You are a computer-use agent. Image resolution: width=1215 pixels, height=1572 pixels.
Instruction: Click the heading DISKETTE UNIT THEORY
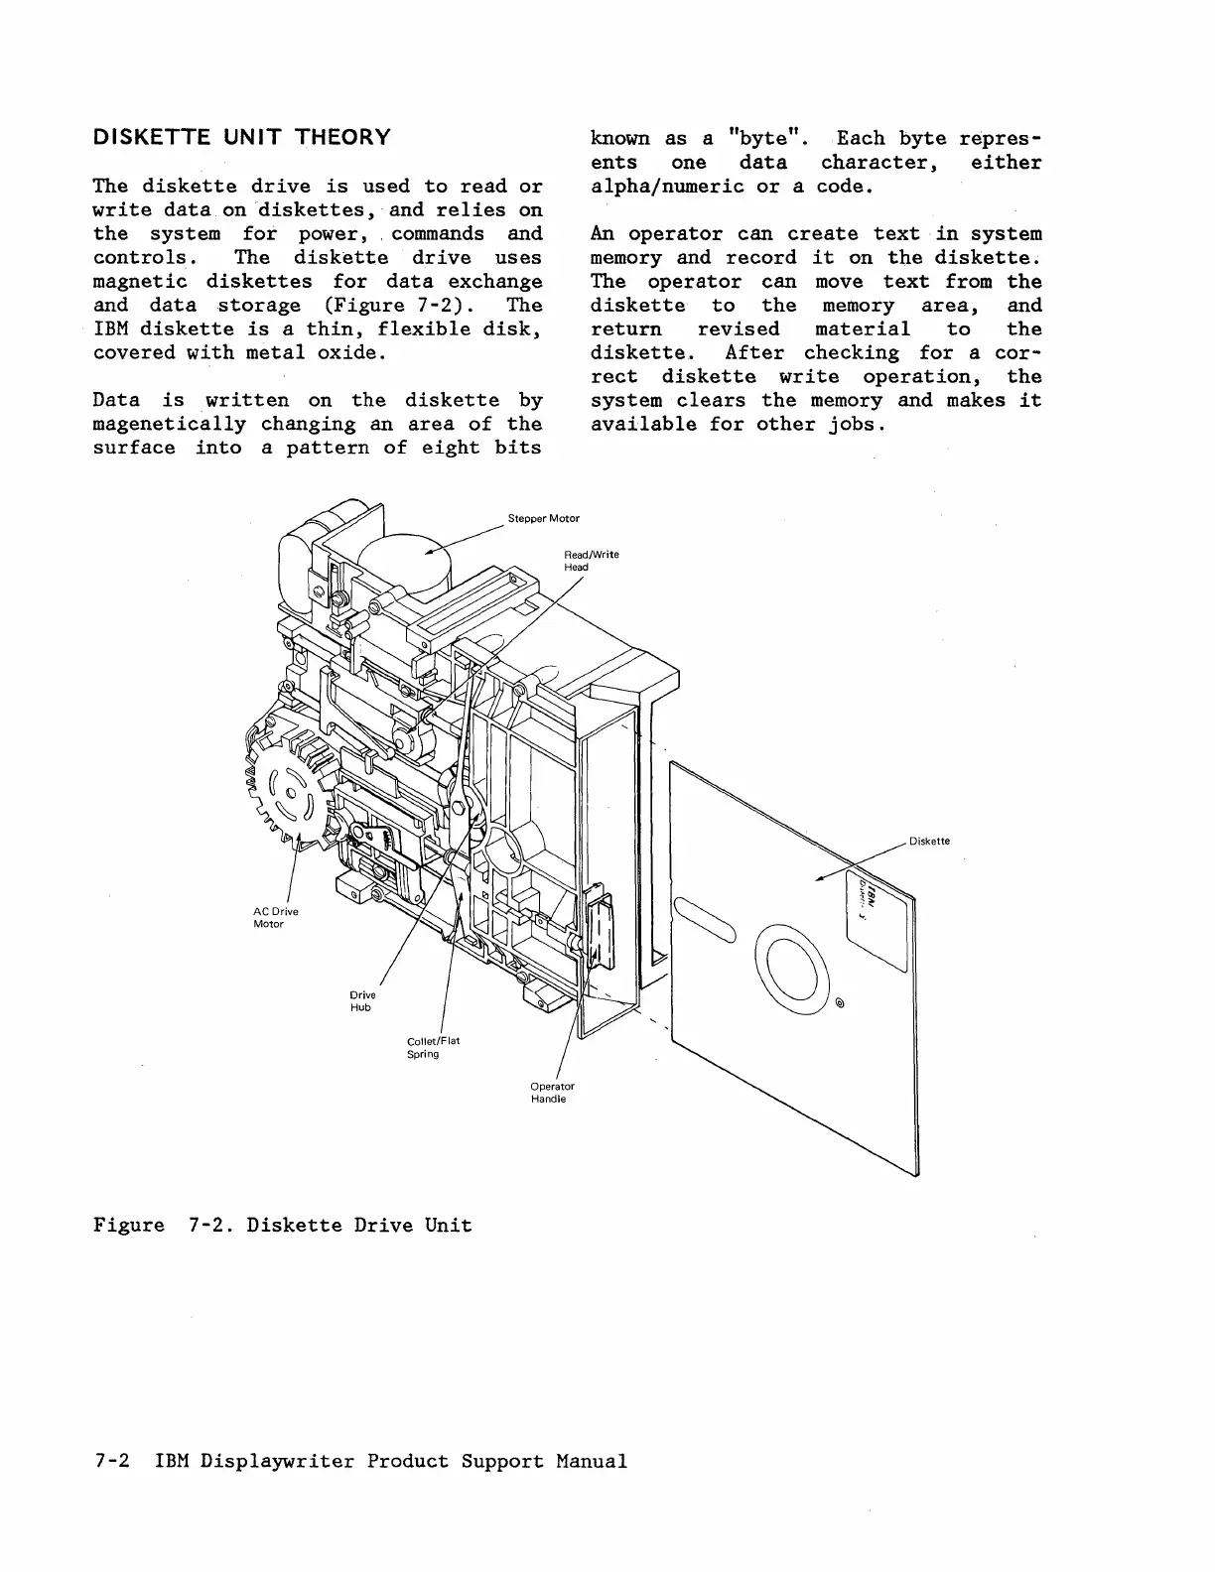(x=241, y=137)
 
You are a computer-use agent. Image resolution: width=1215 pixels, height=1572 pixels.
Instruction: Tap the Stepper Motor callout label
(x=544, y=518)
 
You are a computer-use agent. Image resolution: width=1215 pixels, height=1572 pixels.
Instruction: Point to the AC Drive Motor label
(x=275, y=917)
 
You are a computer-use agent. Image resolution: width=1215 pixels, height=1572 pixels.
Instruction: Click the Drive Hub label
(x=361, y=1000)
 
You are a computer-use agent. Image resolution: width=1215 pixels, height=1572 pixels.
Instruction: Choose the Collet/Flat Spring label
(x=433, y=1047)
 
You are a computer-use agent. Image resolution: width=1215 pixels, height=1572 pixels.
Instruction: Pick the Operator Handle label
(x=552, y=1092)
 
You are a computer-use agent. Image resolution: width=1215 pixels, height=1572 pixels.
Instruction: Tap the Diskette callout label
(x=929, y=841)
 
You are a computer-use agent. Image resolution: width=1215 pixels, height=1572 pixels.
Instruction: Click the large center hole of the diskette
(x=793, y=961)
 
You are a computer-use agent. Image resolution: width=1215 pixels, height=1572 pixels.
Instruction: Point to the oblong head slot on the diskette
(x=705, y=917)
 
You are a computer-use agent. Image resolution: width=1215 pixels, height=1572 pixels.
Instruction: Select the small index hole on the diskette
(x=840, y=1000)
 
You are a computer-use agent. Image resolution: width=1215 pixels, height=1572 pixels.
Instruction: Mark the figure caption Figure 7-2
(x=282, y=1225)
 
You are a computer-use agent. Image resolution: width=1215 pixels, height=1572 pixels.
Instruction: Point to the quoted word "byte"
(x=763, y=138)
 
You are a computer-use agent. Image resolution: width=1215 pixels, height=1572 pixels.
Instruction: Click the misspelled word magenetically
(x=169, y=424)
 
